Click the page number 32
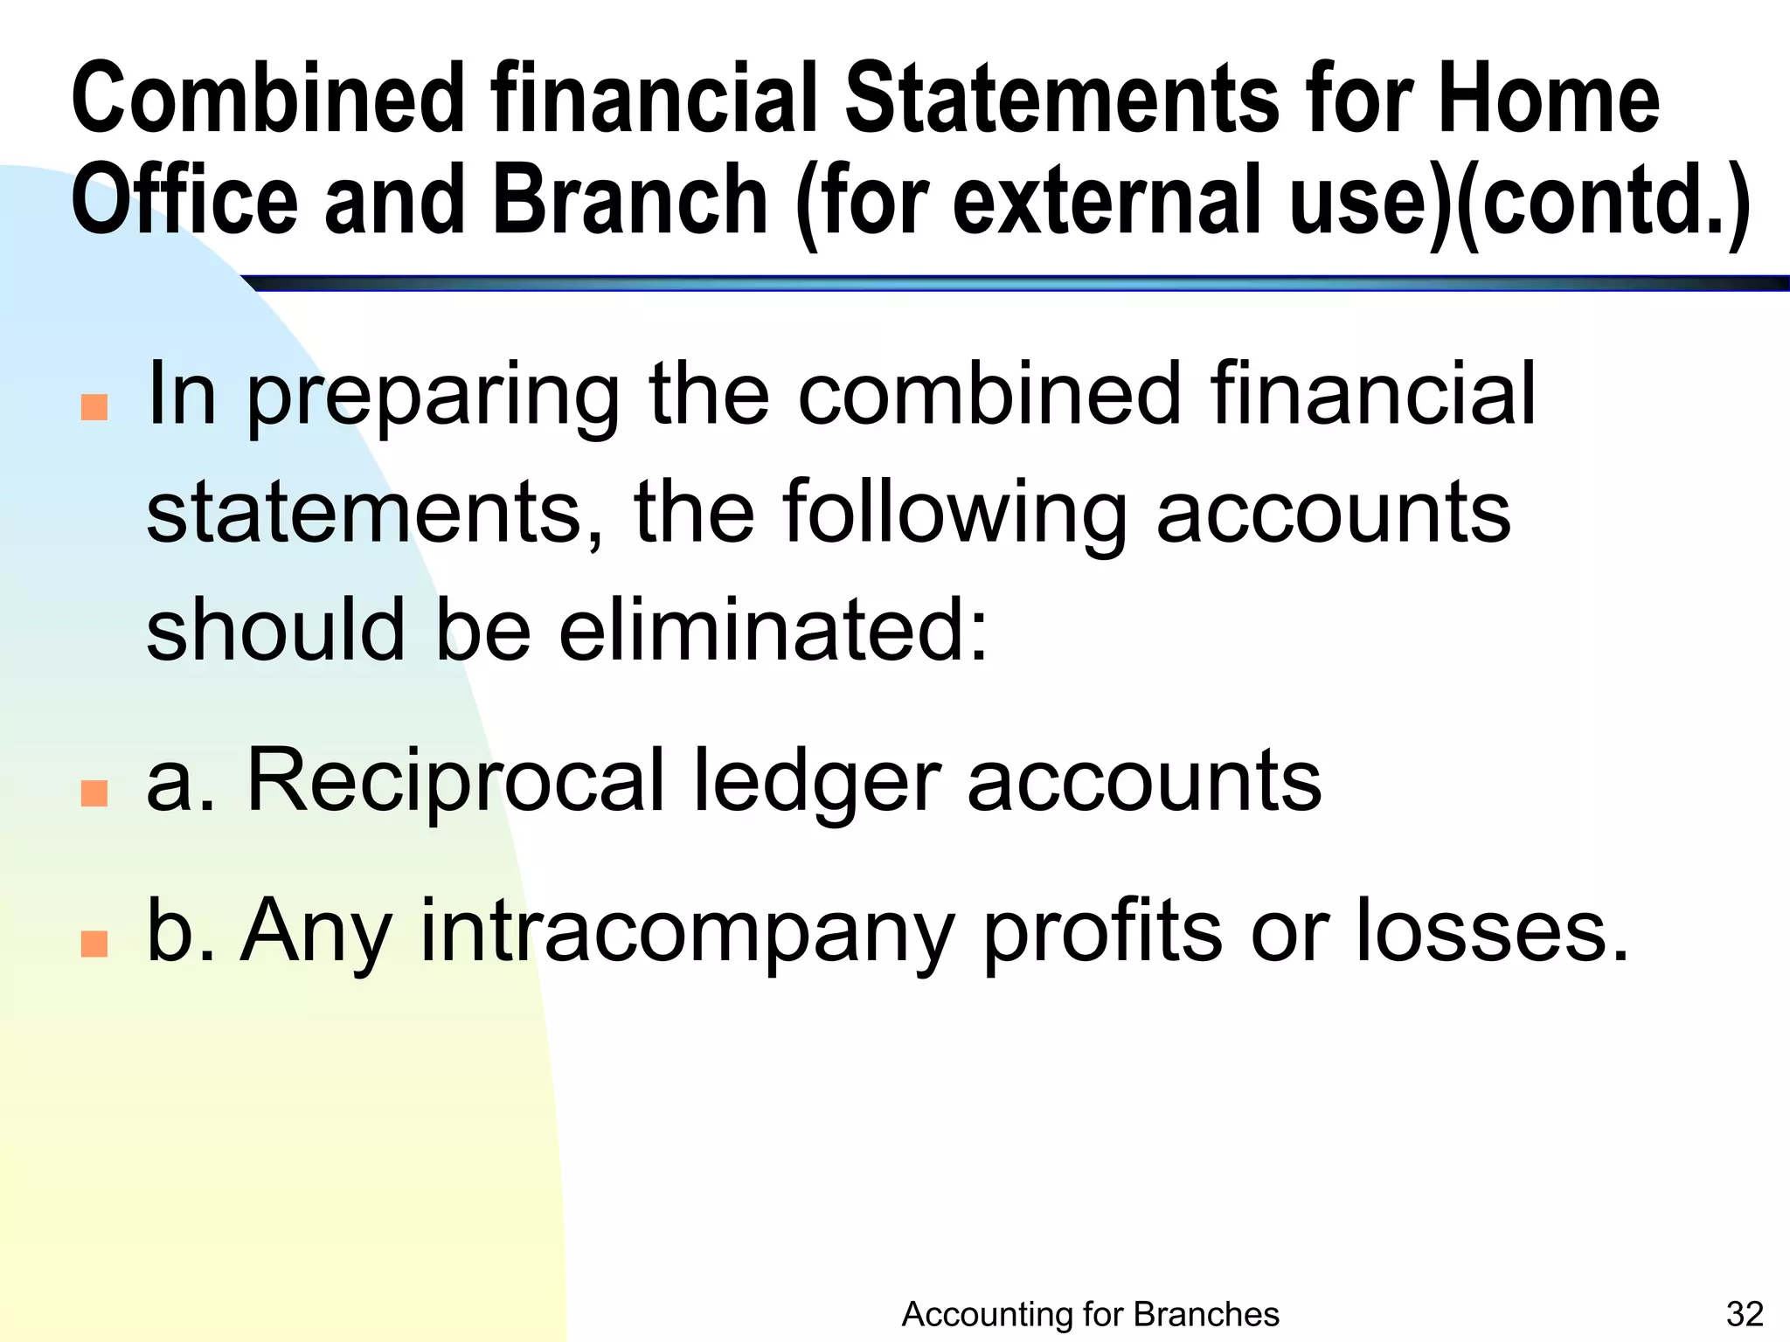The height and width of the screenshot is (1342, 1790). pos(1745,1313)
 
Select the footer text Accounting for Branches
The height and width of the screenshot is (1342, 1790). pos(1090,1313)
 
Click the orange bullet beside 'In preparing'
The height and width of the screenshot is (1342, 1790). pos(94,407)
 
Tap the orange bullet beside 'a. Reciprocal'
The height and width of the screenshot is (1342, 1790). pos(94,792)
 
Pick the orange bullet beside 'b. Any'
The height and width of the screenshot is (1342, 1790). pos(94,944)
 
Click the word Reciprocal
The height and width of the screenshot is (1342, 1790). pos(455,780)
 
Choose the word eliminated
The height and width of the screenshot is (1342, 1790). pos(773,629)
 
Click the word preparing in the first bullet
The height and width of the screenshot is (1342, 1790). pos(434,395)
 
